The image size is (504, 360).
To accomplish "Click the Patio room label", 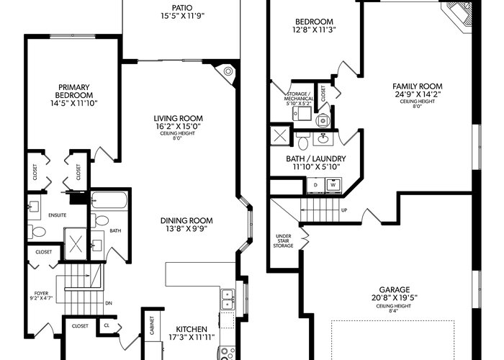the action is click(182, 8).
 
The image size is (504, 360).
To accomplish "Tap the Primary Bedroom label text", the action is click(74, 91).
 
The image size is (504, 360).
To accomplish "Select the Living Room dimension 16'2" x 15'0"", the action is click(178, 126).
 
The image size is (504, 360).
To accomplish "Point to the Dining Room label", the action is click(186, 221).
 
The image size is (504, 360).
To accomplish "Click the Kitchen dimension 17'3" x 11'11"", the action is click(192, 337).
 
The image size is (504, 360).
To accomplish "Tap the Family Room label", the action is click(417, 86).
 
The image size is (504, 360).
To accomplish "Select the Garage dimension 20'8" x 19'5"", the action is click(395, 298).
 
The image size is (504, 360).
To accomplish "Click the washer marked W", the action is click(333, 185).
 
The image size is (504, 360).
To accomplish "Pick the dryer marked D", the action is click(315, 185).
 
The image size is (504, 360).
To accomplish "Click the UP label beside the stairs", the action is click(344, 210).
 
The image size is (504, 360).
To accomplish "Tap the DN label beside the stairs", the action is click(109, 303).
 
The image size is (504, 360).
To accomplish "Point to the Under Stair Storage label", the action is click(283, 240).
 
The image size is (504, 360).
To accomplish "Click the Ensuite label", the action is click(57, 215).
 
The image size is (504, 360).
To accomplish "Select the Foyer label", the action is click(41, 293).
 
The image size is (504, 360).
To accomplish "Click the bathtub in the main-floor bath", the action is click(109, 200).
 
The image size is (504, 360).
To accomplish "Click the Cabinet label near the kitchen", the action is click(152, 325).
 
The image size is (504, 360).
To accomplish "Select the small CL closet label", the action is click(107, 325).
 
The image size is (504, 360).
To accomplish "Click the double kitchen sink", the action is click(228, 300).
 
